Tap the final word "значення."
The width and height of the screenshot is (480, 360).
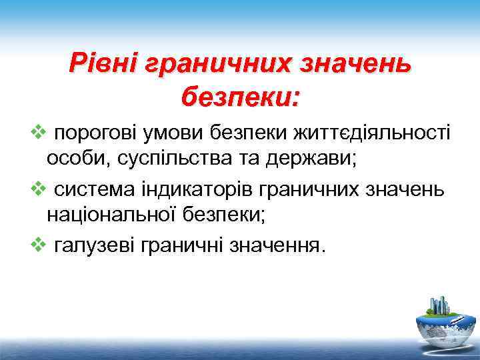277,247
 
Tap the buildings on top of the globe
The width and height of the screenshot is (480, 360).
439,304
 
